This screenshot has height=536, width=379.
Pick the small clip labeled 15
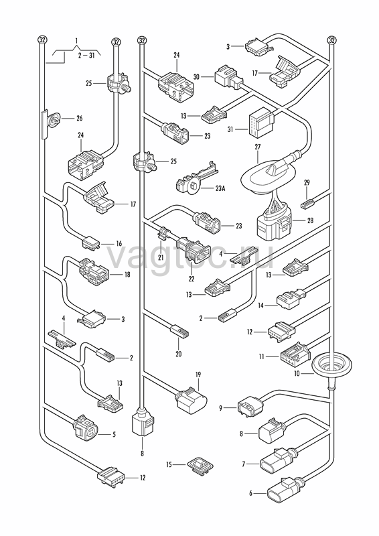tap(200, 466)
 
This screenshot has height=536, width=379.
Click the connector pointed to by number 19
tap(192, 401)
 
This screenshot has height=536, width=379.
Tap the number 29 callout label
tap(307, 182)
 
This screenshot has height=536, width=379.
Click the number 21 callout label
tap(161, 257)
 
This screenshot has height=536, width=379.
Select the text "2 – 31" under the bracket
tap(86, 55)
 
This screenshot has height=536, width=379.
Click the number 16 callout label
tap(119, 244)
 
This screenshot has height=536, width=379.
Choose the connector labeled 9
tap(251, 406)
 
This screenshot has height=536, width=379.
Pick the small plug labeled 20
tap(179, 331)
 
